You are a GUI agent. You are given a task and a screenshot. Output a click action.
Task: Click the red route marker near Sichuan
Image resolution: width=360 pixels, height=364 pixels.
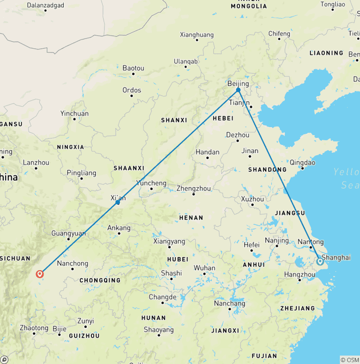coord(40,274)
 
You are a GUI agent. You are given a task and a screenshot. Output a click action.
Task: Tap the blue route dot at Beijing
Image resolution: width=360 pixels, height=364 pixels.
coord(238,90)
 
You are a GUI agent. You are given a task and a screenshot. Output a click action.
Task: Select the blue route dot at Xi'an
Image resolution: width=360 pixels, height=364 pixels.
coord(118,203)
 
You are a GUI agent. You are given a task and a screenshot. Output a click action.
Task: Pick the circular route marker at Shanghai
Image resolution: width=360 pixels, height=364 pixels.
coord(320,261)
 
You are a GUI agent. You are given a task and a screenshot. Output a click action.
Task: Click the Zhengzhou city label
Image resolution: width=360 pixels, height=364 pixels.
coord(194,189)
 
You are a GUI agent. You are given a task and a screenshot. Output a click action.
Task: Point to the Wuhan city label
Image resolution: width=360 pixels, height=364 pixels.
coord(204,268)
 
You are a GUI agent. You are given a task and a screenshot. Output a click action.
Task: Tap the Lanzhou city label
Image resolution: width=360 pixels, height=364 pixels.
coord(36,163)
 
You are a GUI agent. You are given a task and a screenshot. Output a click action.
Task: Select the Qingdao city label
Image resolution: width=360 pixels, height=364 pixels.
coord(303,163)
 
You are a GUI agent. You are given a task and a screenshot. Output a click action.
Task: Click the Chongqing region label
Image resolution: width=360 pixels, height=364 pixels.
coord(100,281)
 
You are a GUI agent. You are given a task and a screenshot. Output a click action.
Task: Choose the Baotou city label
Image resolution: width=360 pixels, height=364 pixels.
coord(133,68)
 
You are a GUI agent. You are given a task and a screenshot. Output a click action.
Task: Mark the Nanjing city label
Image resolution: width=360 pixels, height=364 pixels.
coord(277,241)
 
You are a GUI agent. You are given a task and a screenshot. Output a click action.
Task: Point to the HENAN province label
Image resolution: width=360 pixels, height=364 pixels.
coord(191,218)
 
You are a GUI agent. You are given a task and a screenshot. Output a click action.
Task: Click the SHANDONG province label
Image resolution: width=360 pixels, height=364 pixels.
coord(267,169)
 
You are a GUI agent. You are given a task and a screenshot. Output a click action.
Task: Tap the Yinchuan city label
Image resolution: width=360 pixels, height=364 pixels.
coord(74,114)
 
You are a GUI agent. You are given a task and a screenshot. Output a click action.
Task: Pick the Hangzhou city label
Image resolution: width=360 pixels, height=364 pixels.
coord(300,274)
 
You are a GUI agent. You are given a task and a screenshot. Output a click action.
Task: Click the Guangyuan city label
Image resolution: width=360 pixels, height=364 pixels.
coord(68,233)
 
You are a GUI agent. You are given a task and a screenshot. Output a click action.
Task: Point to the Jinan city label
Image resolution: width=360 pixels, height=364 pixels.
coord(250,151)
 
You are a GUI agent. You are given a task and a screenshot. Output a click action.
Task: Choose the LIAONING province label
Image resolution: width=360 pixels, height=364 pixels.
coord(326,53)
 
